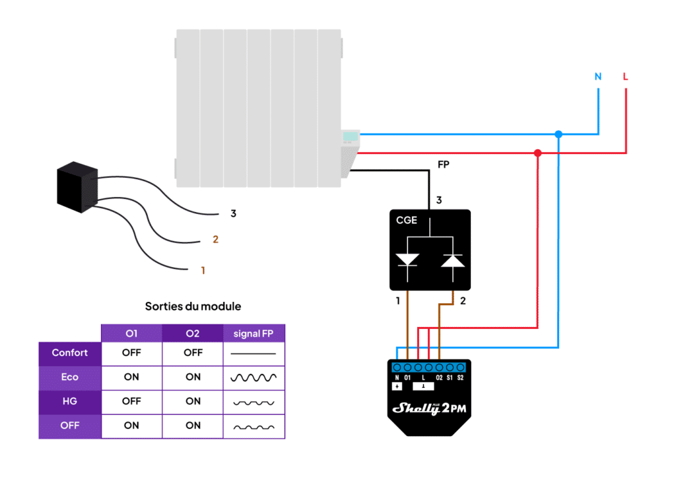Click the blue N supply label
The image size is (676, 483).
click(x=598, y=77)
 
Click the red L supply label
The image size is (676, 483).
click(x=625, y=77)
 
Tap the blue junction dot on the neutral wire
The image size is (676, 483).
click(x=558, y=134)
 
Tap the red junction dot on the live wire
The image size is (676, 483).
click(x=537, y=153)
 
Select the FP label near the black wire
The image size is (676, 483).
click(x=444, y=165)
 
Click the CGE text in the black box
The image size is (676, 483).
click(x=407, y=220)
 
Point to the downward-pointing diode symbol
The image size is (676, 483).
click(x=408, y=259)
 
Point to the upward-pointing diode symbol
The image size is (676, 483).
click(x=452, y=259)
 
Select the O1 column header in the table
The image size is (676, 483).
click(x=131, y=334)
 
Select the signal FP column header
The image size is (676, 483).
click(x=253, y=334)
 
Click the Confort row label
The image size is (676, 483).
click(x=70, y=353)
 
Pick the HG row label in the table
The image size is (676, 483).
click(x=70, y=401)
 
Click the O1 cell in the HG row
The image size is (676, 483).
click(x=131, y=401)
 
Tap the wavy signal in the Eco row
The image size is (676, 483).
click(x=253, y=377)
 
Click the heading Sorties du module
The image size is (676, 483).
click(x=193, y=307)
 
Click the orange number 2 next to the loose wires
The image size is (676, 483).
click(x=215, y=240)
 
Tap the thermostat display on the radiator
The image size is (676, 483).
click(x=351, y=136)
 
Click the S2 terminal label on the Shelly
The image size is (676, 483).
click(x=460, y=377)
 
